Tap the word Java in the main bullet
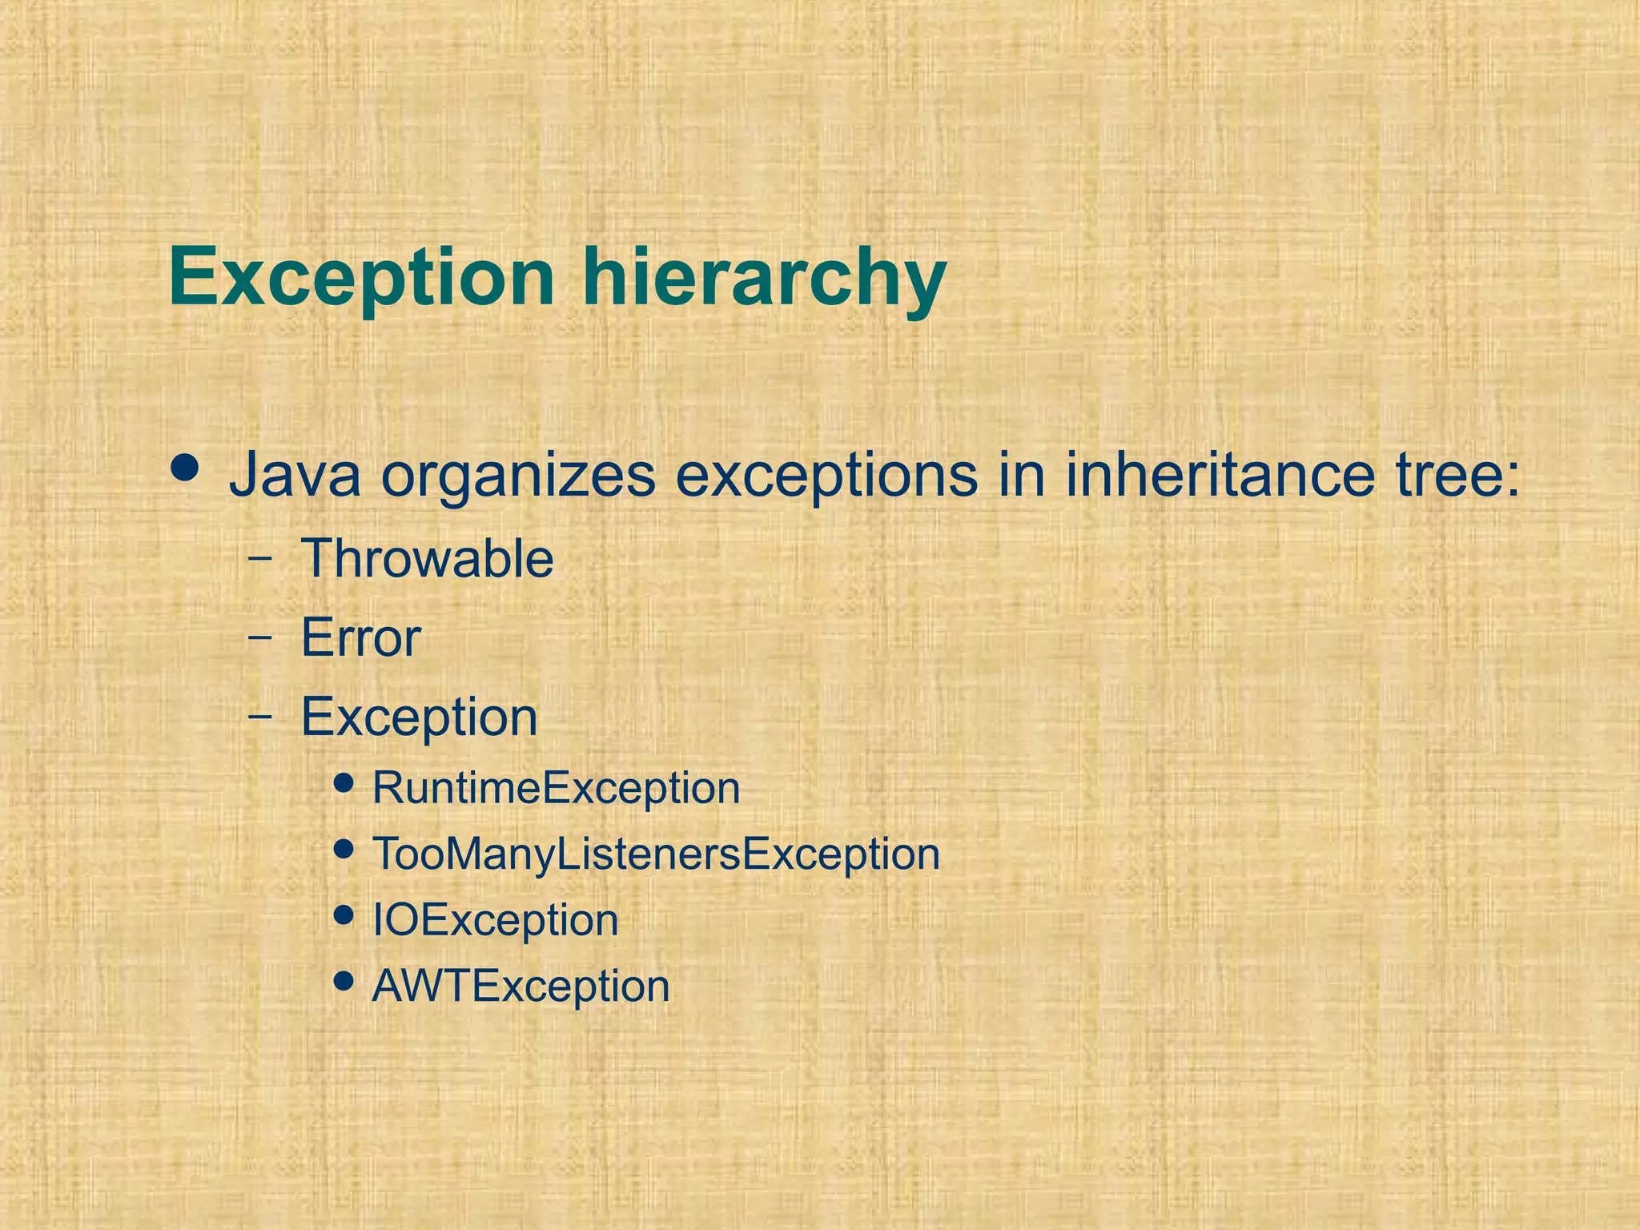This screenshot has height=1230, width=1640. (x=295, y=476)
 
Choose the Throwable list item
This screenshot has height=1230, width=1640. (x=427, y=558)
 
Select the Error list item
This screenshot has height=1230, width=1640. (x=360, y=638)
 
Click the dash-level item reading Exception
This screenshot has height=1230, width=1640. (x=419, y=717)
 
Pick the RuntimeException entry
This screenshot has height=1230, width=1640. (x=556, y=788)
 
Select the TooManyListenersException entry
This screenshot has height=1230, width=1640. (x=656, y=854)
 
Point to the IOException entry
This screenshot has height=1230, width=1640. (x=495, y=920)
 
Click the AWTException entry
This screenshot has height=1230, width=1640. (x=521, y=986)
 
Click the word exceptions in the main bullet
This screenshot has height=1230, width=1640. (x=826, y=476)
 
